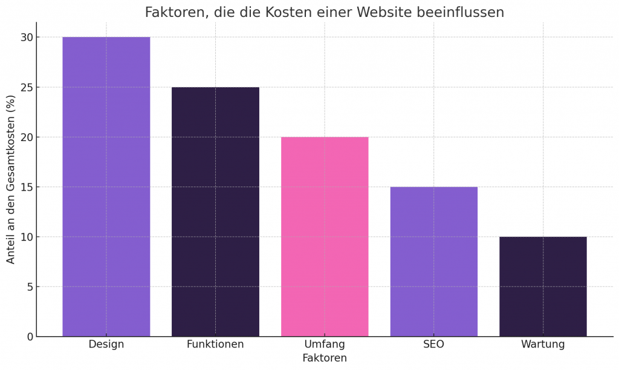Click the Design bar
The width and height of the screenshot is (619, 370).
[x=106, y=187]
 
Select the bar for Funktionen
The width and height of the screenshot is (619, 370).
[x=215, y=211]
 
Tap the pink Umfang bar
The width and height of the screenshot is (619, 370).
[x=325, y=236]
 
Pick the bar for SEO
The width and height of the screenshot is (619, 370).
[x=433, y=261]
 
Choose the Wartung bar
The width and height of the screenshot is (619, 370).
[x=543, y=286]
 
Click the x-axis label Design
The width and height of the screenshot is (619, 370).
[x=106, y=345]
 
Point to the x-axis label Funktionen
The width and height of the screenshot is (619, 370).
[x=215, y=345]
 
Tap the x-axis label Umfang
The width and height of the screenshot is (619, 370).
[x=325, y=345]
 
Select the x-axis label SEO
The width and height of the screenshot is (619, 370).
[x=433, y=345]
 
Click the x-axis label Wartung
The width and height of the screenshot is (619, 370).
[x=543, y=345]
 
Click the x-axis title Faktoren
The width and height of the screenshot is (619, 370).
[x=325, y=358]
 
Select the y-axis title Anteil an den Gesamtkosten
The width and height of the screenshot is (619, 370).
[x=11, y=179]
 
